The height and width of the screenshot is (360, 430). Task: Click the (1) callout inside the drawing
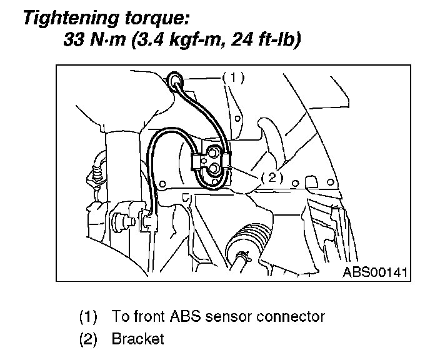(x=233, y=78)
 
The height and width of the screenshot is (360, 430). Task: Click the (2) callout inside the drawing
(x=272, y=177)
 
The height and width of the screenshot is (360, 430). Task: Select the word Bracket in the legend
(x=138, y=339)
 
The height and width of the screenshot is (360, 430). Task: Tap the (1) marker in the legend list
(x=88, y=316)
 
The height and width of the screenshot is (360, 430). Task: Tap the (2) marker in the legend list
(x=88, y=339)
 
